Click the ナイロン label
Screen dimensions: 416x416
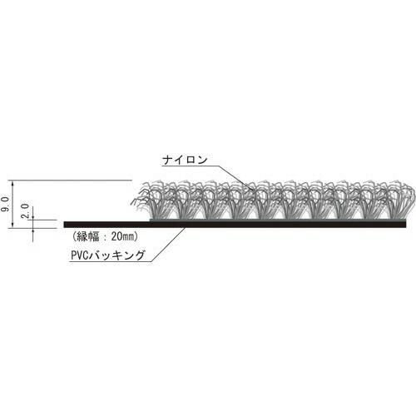(185, 160)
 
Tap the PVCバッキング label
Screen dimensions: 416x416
(108, 255)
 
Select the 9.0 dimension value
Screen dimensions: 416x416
(6, 204)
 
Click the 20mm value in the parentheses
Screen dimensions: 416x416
(123, 236)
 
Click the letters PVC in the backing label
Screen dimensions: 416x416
(80, 255)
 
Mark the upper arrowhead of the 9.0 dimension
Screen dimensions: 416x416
(12, 183)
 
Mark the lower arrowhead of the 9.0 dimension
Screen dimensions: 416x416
(12, 225)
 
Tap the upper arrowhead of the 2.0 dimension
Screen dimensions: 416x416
(33, 217)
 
